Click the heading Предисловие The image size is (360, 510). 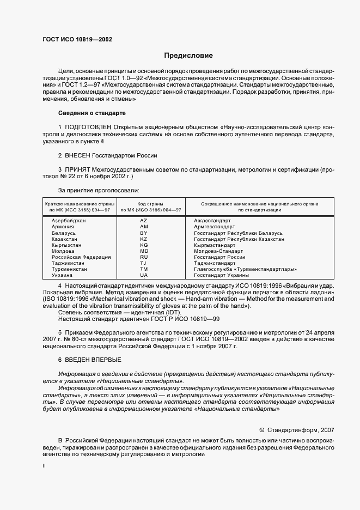pos(188,56)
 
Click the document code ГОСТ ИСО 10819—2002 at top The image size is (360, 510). pos(77,40)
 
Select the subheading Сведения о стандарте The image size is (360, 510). pos(91,113)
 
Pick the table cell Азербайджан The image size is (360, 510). pos(68,220)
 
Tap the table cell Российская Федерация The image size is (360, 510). pos(81,257)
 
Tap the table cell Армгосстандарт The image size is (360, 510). pos(215,226)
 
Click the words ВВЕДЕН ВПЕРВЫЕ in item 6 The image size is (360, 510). pos(93,360)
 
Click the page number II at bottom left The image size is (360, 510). pos(44,466)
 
